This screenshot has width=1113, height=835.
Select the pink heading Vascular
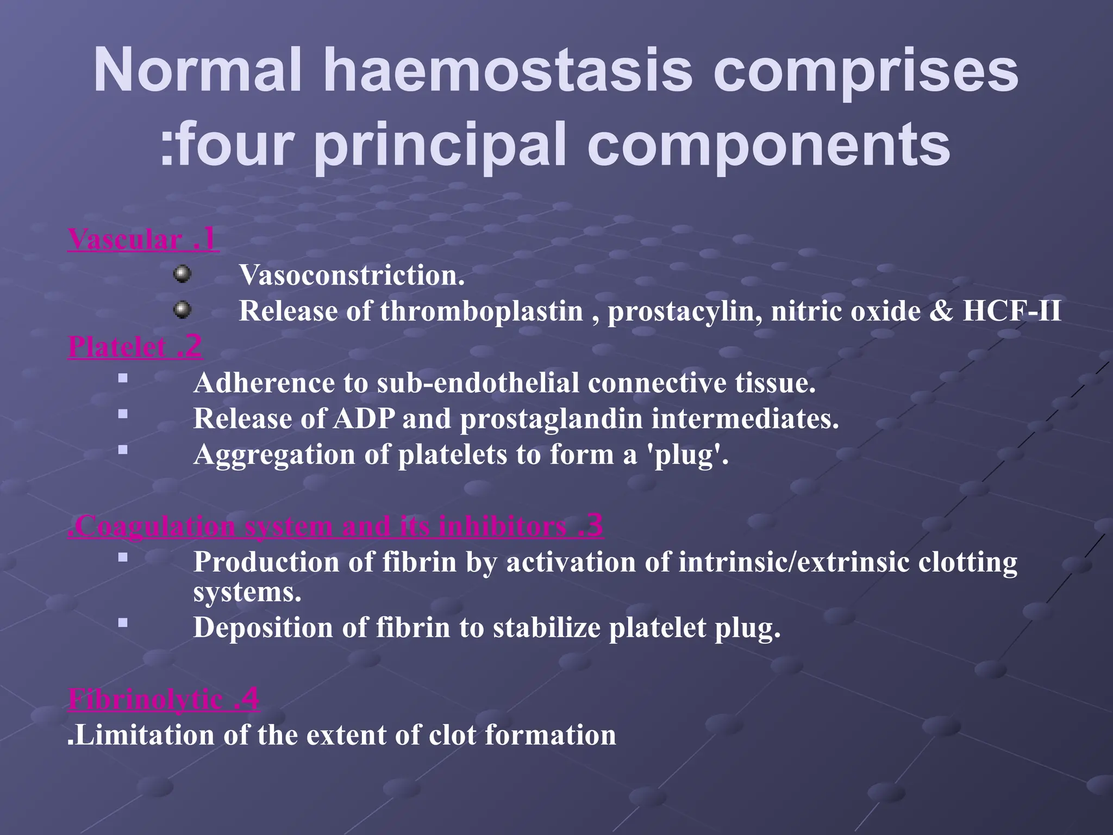click(125, 240)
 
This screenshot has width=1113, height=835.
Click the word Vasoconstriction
click(352, 275)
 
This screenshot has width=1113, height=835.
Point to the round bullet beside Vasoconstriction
click(182, 275)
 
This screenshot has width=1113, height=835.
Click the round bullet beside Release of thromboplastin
click(182, 310)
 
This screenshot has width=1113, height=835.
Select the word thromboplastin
click(482, 311)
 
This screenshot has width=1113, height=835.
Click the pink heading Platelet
click(117, 347)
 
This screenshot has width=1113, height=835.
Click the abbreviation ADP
click(364, 419)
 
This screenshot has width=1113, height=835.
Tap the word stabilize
click(546, 627)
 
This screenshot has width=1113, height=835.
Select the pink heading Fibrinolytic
click(146, 700)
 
